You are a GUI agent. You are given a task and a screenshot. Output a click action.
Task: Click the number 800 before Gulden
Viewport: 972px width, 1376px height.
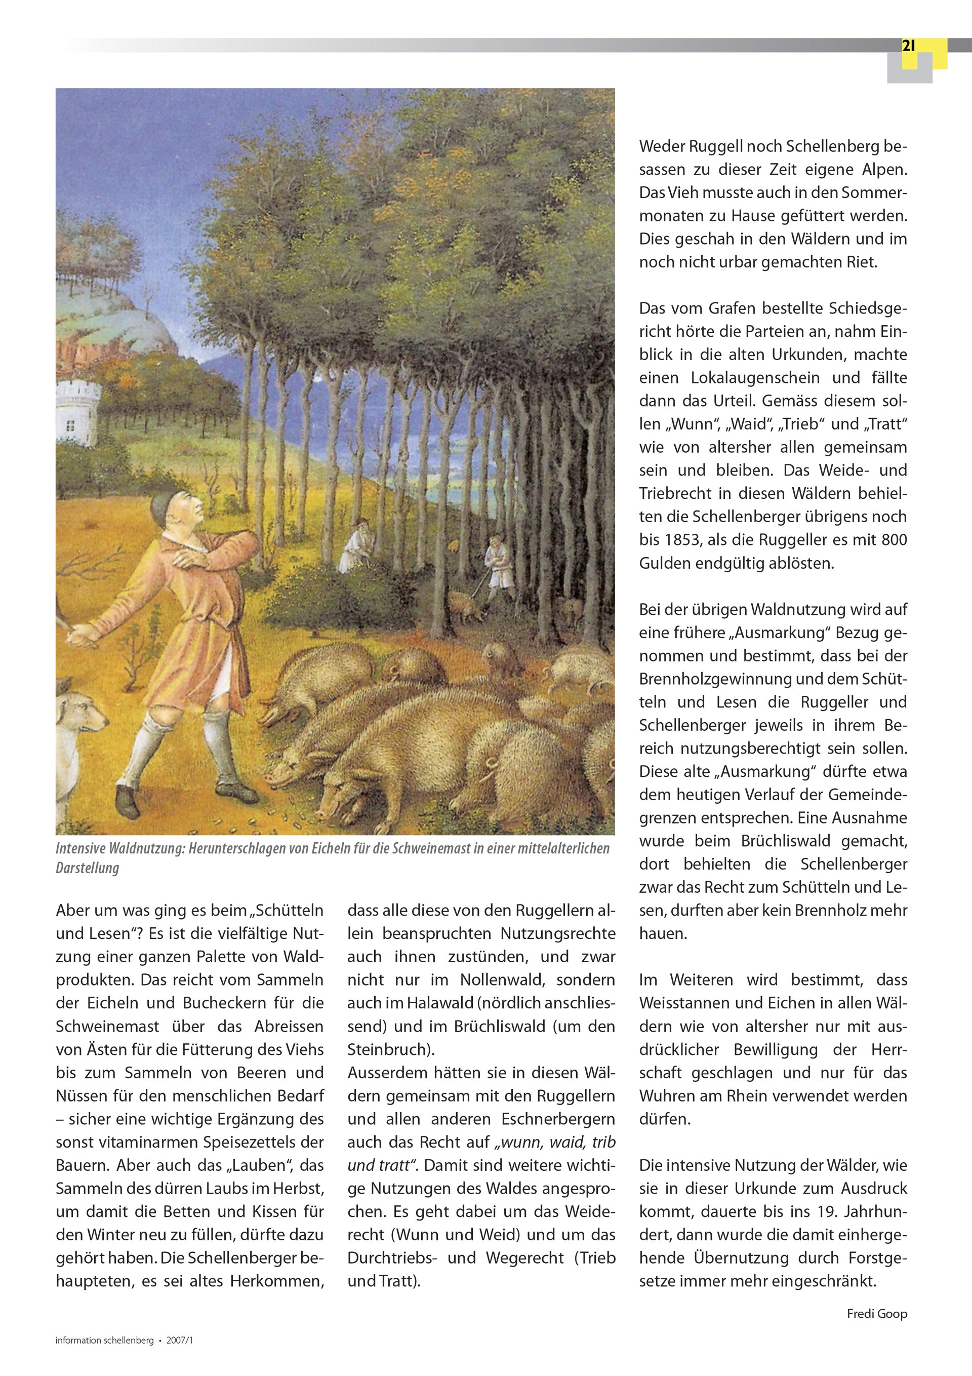[894, 540]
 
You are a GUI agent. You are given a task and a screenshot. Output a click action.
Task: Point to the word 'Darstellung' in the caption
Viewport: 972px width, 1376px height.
[88, 868]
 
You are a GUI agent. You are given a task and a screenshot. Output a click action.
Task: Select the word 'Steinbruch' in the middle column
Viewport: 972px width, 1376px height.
[387, 1049]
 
